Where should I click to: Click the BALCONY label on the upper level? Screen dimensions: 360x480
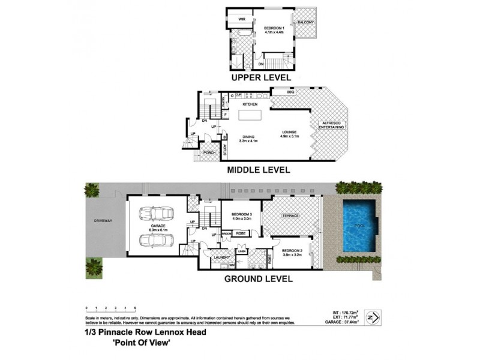[304, 23]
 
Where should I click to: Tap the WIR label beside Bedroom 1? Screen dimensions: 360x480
[242, 20]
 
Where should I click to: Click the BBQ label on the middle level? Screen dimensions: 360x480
[290, 92]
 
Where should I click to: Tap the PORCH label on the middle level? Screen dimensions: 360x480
[209, 153]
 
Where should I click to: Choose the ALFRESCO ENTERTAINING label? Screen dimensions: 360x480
[331, 125]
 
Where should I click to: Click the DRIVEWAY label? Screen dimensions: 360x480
[103, 220]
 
